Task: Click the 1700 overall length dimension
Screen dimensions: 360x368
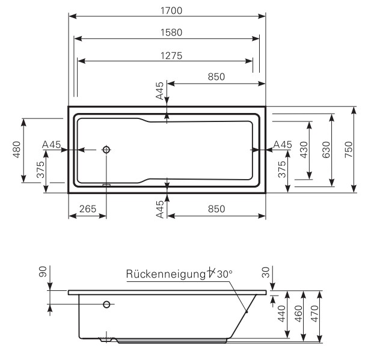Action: (167, 10)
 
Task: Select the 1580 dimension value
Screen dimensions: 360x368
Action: (167, 32)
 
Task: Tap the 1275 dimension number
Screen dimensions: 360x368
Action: (167, 55)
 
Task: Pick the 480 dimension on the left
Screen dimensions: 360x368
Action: (17, 150)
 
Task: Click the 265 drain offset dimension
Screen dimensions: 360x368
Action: (88, 209)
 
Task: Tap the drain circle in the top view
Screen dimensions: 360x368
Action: (106, 149)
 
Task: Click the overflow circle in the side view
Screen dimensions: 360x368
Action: (106, 304)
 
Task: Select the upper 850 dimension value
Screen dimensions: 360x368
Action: (216, 76)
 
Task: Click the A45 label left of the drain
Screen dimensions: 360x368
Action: (52, 144)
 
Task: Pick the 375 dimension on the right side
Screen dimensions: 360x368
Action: (282, 170)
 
